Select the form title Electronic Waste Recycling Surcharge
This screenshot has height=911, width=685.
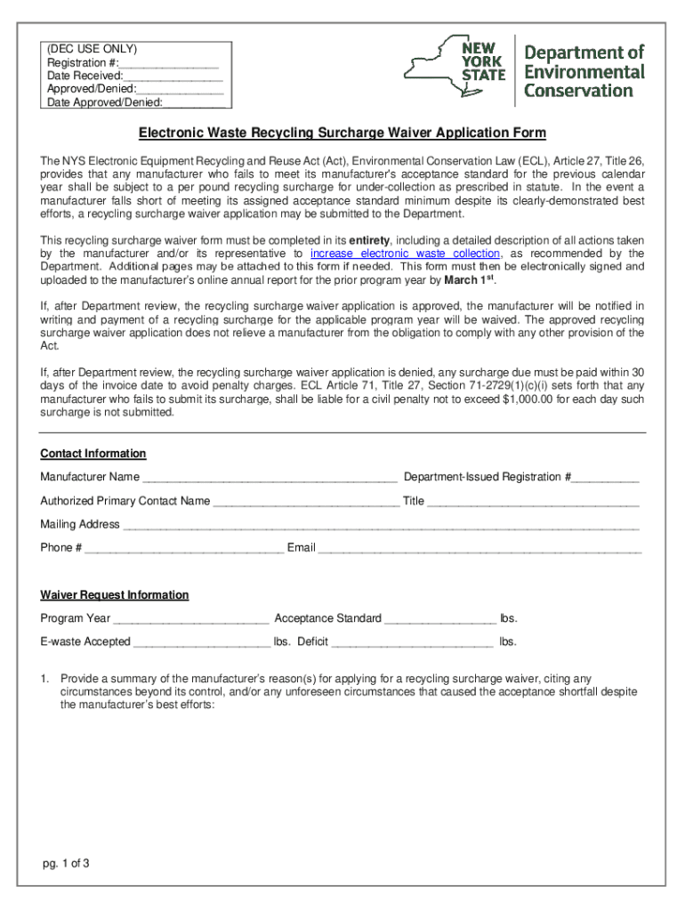pyautogui.click(x=342, y=133)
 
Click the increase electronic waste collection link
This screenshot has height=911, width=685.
pyautogui.click(x=405, y=254)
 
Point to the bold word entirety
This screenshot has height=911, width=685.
pyautogui.click(x=369, y=241)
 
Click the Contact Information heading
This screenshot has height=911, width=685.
pyautogui.click(x=93, y=454)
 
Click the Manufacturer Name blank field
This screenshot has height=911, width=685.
pyautogui.click(x=270, y=479)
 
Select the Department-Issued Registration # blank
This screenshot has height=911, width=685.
pyautogui.click(x=605, y=479)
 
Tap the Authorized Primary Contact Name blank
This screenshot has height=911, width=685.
pyautogui.click(x=306, y=502)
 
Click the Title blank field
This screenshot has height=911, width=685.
pyautogui.click(x=533, y=502)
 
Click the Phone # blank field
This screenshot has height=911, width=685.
pyautogui.click(x=184, y=549)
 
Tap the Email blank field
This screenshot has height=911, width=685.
pyautogui.click(x=479, y=549)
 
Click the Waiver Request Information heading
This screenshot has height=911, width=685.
pyautogui.click(x=114, y=595)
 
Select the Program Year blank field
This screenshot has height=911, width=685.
pyautogui.click(x=191, y=619)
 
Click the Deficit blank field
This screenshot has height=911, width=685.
pyautogui.click(x=412, y=642)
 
